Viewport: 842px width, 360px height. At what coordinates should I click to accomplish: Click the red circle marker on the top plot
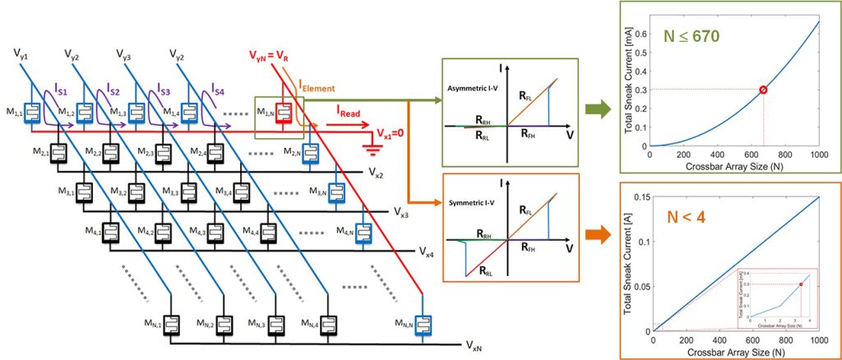coord(763,90)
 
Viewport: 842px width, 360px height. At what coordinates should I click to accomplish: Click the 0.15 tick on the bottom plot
coord(641,196)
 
